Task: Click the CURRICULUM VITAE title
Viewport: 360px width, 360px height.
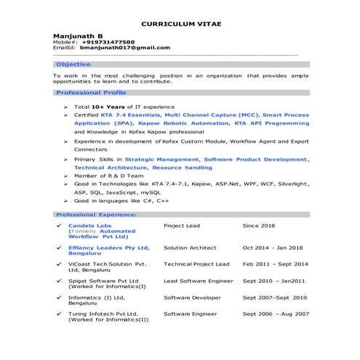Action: (181, 24)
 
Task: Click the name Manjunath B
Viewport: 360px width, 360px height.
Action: (78, 36)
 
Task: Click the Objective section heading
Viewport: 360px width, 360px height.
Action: (73, 65)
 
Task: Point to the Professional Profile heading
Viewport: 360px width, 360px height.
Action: (91, 93)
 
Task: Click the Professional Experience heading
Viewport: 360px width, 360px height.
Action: (96, 215)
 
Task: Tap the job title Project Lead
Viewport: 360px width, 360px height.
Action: (182, 226)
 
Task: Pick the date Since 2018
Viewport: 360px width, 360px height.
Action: (259, 226)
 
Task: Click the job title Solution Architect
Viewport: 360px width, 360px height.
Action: (190, 248)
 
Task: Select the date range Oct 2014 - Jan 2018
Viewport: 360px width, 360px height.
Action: (274, 248)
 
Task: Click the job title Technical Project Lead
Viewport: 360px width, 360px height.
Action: (196, 264)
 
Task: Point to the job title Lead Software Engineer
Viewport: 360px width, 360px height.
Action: (199, 281)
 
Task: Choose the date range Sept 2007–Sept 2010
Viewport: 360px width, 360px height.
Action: (275, 297)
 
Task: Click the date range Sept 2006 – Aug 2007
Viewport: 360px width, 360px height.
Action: (276, 314)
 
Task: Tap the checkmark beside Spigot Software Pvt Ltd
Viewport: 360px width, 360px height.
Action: (58, 281)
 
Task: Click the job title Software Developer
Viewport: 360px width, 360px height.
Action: (192, 297)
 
